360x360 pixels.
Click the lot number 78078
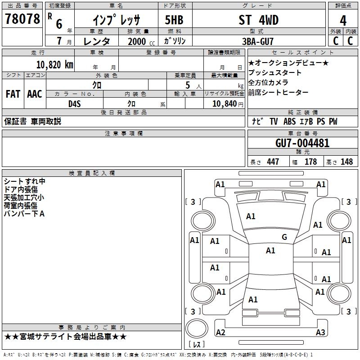click(22, 19)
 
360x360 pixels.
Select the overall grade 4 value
click(343, 21)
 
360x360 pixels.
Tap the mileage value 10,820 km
click(54, 65)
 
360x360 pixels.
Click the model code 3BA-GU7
click(258, 41)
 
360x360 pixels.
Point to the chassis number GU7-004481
click(302, 143)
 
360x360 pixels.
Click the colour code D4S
click(75, 104)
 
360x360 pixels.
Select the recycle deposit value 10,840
click(225, 104)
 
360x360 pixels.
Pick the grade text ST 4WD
click(258, 20)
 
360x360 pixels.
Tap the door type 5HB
click(174, 20)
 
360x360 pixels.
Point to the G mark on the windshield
click(284, 237)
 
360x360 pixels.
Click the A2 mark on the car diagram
click(220, 332)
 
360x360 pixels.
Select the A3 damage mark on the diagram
click(320, 332)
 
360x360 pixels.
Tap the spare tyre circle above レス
click(197, 328)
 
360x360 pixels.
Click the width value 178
click(310, 162)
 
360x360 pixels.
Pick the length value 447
click(273, 162)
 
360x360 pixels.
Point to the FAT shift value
click(13, 94)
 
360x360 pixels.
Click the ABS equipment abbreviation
click(289, 121)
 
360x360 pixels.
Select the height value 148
click(346, 162)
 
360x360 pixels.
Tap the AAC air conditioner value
click(35, 94)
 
